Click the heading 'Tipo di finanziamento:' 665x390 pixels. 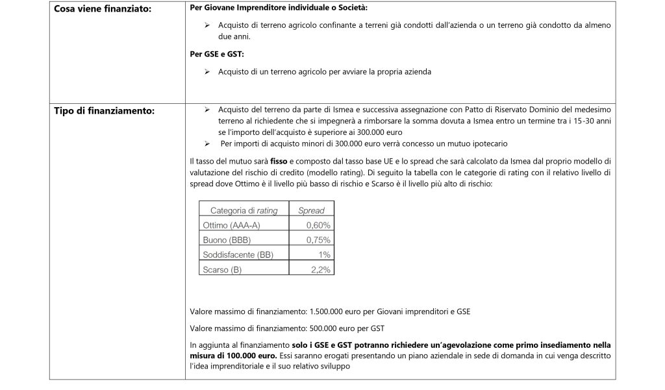point(104,111)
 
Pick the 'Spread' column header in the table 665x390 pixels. point(311,210)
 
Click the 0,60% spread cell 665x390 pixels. point(318,225)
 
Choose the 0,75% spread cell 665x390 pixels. point(318,240)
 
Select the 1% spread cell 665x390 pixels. point(325,254)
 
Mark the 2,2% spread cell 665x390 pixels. point(321,269)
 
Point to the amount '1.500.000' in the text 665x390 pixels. point(328,311)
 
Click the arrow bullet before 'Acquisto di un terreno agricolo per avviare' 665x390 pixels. point(207,72)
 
